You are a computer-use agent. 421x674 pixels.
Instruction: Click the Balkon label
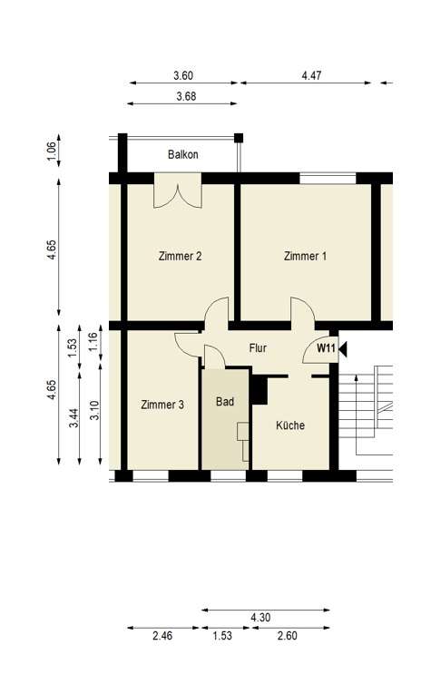click(x=182, y=155)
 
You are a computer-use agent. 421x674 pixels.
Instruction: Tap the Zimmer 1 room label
click(x=305, y=256)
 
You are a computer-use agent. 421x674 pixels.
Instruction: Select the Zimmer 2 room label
click(x=179, y=256)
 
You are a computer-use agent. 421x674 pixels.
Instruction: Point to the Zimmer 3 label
click(x=163, y=405)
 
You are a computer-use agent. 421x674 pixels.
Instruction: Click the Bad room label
click(x=225, y=400)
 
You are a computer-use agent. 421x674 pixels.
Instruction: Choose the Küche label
click(x=290, y=425)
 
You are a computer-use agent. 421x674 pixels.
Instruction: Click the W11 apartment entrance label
click(x=326, y=347)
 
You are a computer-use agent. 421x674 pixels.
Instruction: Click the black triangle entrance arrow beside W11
click(x=342, y=347)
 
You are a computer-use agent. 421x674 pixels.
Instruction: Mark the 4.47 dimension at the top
click(x=311, y=76)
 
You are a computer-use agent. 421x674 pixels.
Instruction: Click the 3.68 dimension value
click(x=186, y=96)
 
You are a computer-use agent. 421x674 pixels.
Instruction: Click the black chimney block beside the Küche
click(x=260, y=390)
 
